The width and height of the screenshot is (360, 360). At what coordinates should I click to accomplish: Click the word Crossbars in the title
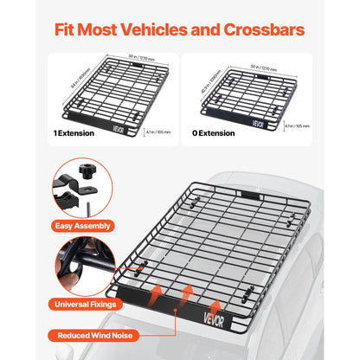point(260,29)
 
